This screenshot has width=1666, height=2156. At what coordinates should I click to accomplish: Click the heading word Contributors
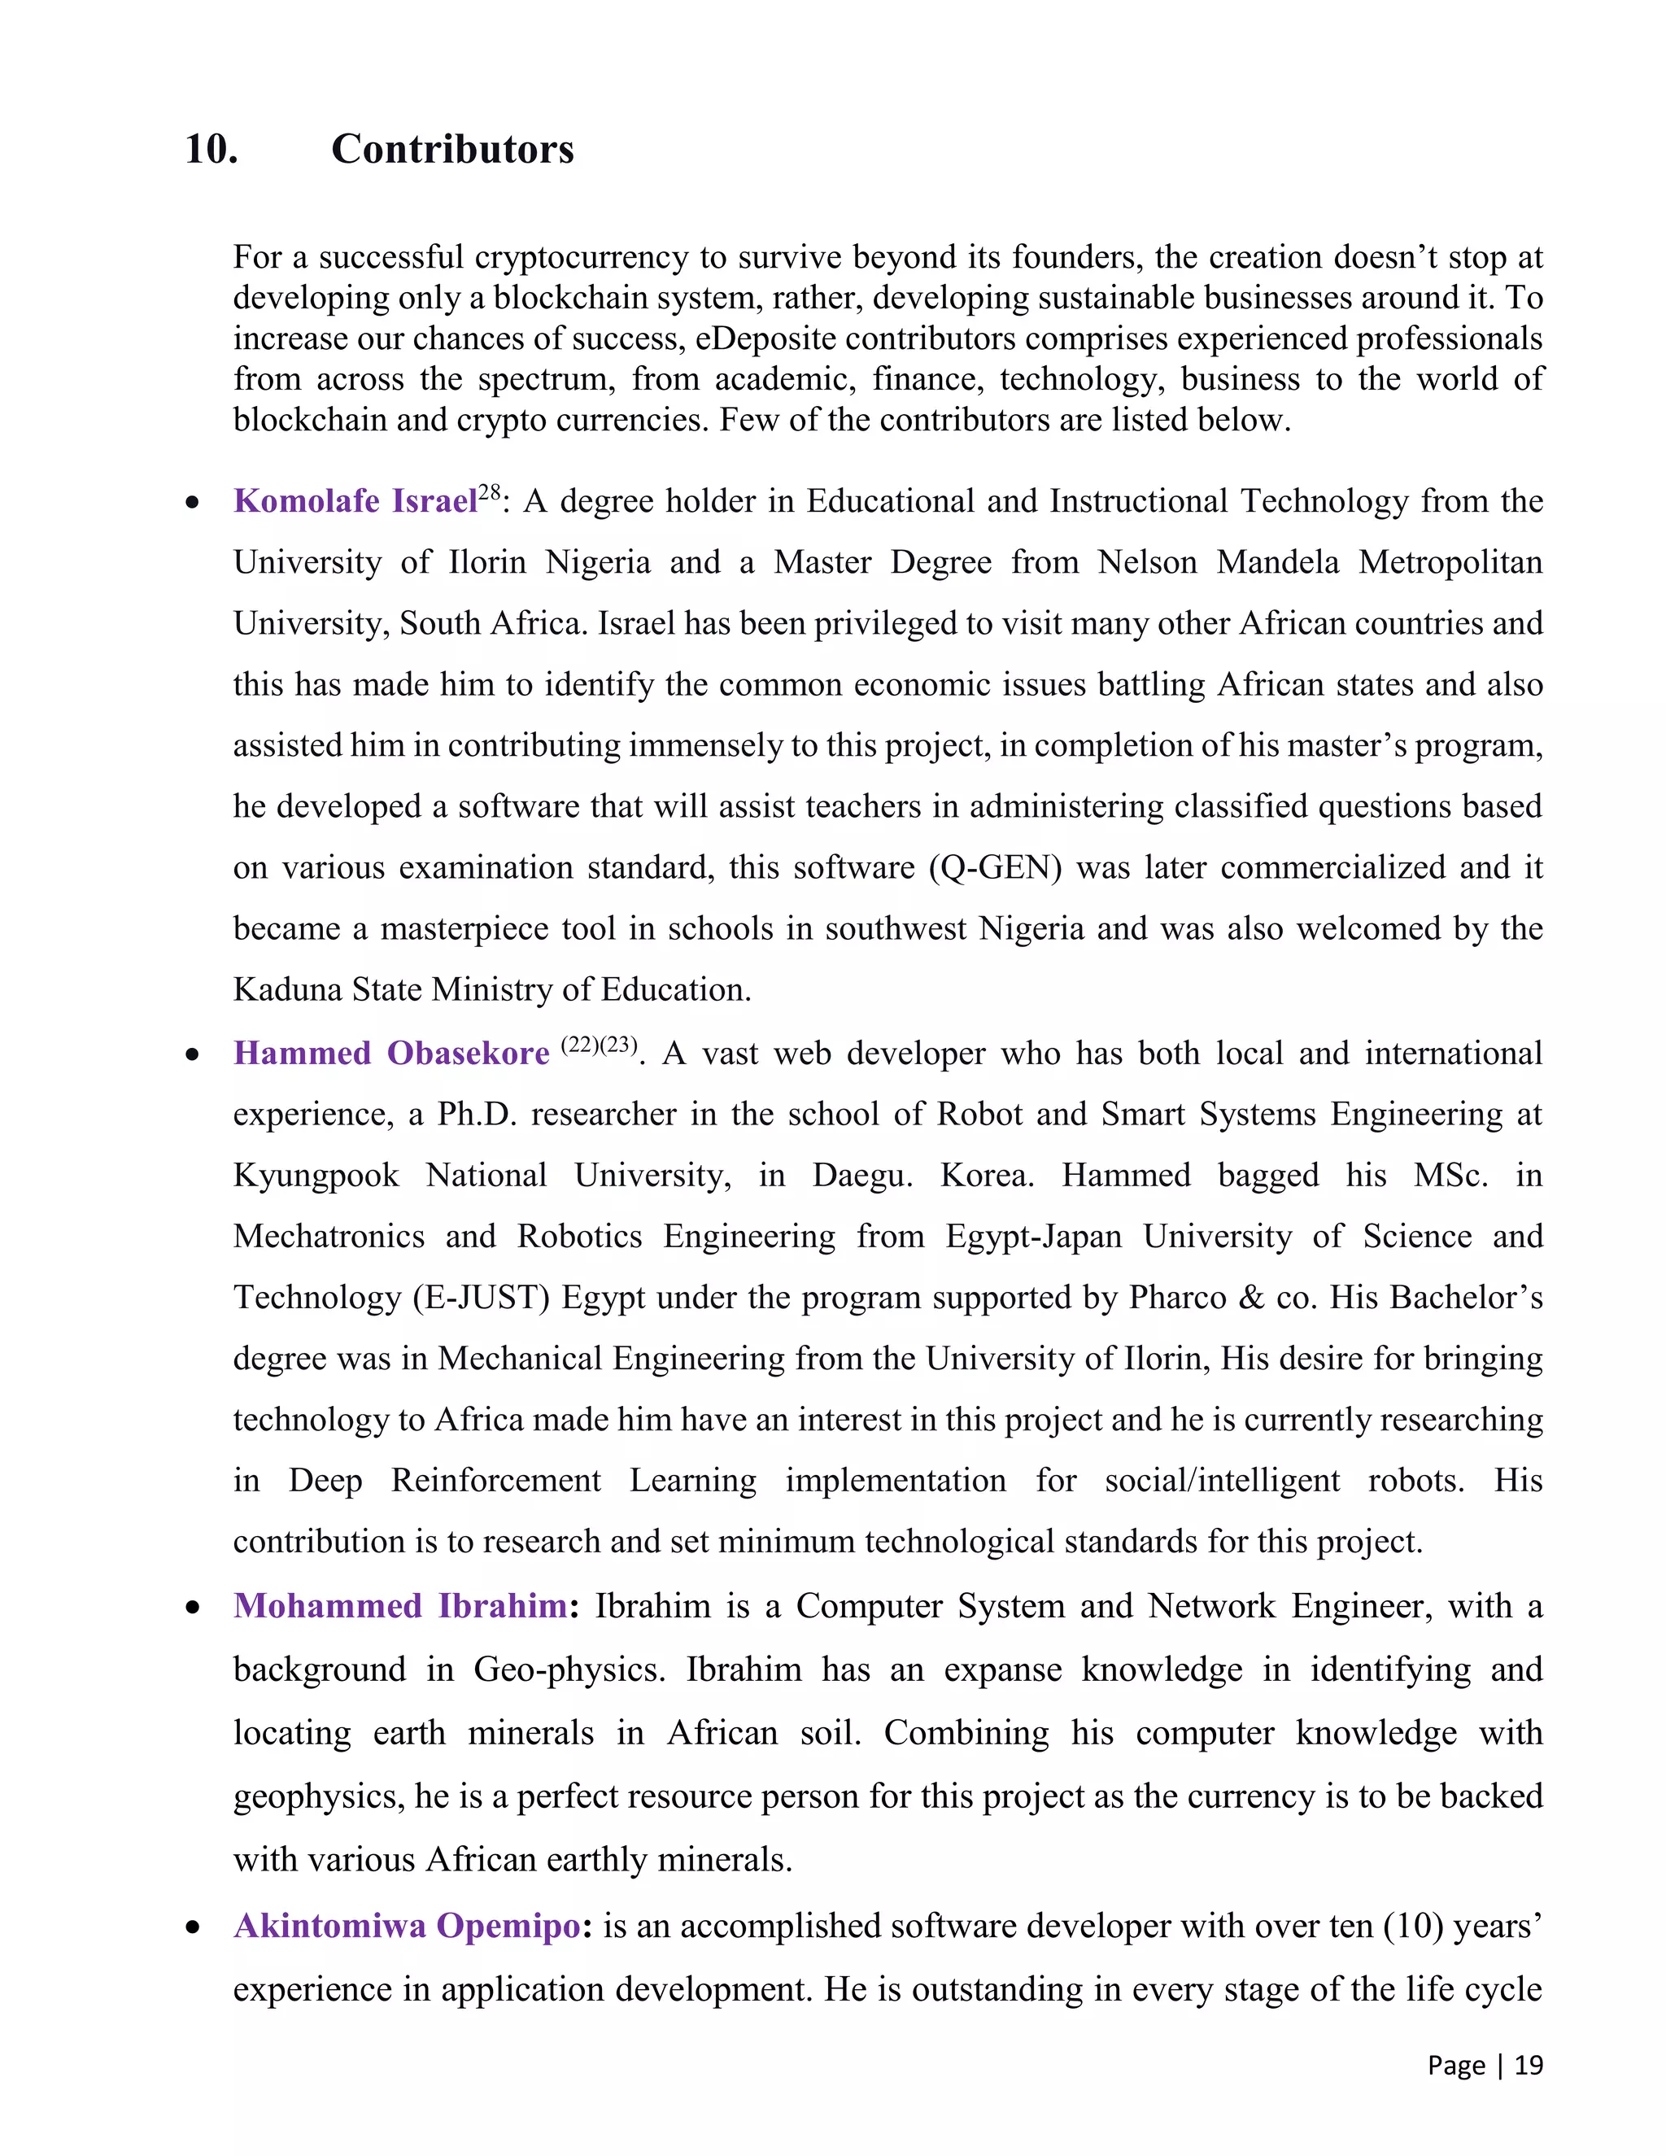452,149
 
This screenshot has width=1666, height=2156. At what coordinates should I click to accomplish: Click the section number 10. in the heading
212,149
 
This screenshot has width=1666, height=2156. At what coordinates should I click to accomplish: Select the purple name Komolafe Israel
355,501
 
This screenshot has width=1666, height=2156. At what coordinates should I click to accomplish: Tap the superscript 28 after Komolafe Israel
490,491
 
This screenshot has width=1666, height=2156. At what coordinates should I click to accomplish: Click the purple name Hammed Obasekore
390,1054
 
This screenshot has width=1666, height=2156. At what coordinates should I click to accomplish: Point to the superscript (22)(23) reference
599,1045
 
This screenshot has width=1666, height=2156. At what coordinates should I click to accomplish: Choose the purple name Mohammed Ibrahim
399,1606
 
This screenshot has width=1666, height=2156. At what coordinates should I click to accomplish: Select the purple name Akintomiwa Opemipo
407,1926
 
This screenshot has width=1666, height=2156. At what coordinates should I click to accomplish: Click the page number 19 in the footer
1528,2065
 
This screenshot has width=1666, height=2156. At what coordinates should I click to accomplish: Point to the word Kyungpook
316,1176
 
